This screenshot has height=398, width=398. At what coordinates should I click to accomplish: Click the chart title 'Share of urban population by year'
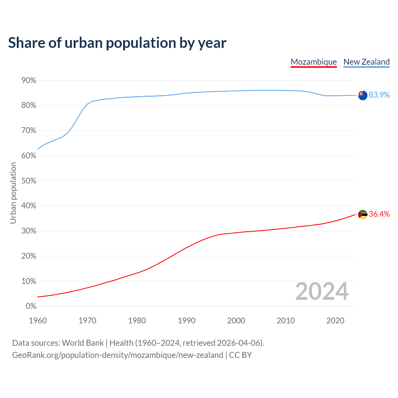[x=117, y=43]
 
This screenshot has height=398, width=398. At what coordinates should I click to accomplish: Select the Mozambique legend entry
[x=314, y=62]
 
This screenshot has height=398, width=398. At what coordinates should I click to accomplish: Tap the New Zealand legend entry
[x=366, y=62]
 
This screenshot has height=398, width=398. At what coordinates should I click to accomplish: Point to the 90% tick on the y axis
[x=29, y=81]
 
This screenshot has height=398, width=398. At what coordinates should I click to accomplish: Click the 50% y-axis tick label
[x=29, y=181]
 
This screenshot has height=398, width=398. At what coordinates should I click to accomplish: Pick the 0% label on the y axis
[x=31, y=306]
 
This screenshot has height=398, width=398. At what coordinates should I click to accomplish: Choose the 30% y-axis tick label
[x=29, y=231]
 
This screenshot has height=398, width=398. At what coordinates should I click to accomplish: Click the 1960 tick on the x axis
[x=38, y=321]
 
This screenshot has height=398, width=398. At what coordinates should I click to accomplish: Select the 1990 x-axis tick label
[x=187, y=321]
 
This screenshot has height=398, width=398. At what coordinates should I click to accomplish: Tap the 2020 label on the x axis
[x=335, y=321]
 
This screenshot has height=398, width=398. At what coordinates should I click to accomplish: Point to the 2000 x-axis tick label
[x=236, y=321]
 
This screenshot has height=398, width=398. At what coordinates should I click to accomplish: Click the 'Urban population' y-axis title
[x=13, y=193]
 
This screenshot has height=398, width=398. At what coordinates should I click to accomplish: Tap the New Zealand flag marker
[x=363, y=95]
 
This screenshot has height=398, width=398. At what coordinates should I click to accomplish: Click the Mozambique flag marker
[x=363, y=215]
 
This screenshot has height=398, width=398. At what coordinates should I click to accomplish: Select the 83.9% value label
[x=379, y=95]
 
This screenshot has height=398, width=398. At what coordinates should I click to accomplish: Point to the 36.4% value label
[x=379, y=214]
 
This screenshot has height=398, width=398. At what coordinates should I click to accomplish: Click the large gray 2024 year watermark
[x=322, y=291]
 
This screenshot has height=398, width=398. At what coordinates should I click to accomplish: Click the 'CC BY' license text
[x=240, y=355]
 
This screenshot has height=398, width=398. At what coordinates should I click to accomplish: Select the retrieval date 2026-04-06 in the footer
[x=238, y=343]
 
